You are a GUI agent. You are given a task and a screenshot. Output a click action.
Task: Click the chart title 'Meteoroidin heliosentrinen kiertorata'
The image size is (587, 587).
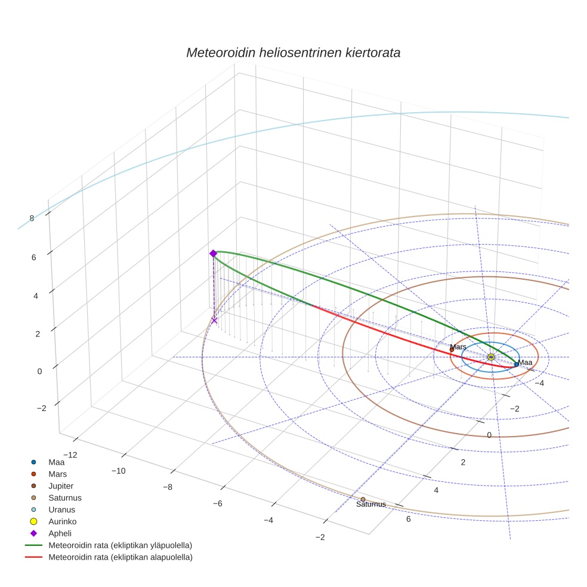[293, 52]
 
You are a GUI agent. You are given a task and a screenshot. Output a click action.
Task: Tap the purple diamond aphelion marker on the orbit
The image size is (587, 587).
[213, 254]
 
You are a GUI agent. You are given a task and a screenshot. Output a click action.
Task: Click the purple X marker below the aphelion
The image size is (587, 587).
[214, 320]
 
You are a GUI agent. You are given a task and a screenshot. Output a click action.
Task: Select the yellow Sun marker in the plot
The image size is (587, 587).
[491, 357]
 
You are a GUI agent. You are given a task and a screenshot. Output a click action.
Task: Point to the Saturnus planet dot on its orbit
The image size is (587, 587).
[363, 499]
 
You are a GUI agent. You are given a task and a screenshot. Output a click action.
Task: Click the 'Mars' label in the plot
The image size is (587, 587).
[458, 347]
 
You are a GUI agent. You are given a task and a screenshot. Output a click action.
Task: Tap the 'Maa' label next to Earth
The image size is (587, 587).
[525, 362]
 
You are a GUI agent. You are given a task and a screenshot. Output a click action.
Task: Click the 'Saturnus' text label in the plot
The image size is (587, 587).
[370, 505]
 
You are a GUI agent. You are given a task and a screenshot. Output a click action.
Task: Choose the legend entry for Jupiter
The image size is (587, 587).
[61, 486]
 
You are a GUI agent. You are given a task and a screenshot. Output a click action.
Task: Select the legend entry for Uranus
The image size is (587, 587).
[61, 509]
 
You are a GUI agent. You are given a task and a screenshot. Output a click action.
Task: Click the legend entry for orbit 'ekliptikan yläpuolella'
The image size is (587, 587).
[120, 545]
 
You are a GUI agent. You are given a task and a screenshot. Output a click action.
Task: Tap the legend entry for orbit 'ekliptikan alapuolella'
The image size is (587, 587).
[120, 557]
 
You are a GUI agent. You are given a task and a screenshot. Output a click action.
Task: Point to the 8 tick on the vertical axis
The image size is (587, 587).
[32, 218]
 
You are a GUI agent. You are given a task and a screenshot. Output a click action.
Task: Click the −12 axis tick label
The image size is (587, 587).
[69, 455]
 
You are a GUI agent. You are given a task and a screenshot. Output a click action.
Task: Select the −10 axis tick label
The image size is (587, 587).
[118, 471]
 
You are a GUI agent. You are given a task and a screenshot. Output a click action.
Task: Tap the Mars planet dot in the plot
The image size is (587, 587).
[452, 350]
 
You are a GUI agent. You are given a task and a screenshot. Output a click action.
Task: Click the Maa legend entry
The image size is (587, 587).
[56, 462]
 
